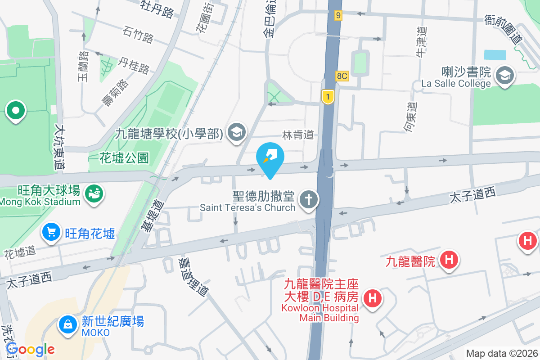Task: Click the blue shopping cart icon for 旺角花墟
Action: pos(51,233)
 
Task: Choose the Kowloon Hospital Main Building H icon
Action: pos(373,298)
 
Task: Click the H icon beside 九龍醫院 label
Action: pos(448,260)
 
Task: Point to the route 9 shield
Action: pos(338,16)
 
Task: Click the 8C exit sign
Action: pos(342,76)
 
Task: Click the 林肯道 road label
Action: pos(297,135)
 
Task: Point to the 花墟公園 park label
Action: pos(124,158)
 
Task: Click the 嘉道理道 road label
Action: pos(193,276)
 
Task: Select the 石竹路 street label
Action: pos(138,35)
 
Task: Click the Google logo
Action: pos(30,349)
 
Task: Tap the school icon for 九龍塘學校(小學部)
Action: pos(235,133)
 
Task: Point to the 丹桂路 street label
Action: pos(134,66)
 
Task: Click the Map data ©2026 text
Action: pos(502,354)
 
